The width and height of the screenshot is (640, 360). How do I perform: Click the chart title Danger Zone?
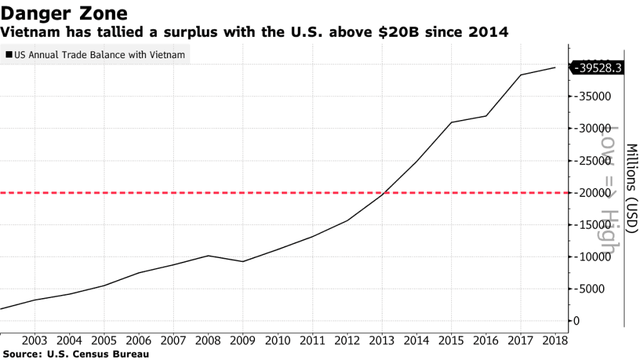point(65,12)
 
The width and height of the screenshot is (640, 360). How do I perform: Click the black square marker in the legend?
point(8,55)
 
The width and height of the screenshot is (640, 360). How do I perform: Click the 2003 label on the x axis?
point(34,341)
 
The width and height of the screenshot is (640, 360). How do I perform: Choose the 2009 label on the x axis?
point(242,341)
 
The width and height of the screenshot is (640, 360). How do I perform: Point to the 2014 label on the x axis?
point(416,341)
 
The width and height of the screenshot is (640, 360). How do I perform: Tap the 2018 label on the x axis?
point(555,341)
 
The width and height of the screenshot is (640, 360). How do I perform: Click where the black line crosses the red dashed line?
point(384,192)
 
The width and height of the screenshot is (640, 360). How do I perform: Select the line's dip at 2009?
point(242,261)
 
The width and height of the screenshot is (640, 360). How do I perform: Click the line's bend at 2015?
point(451,122)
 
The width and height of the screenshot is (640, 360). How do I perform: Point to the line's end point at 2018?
point(555,67)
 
